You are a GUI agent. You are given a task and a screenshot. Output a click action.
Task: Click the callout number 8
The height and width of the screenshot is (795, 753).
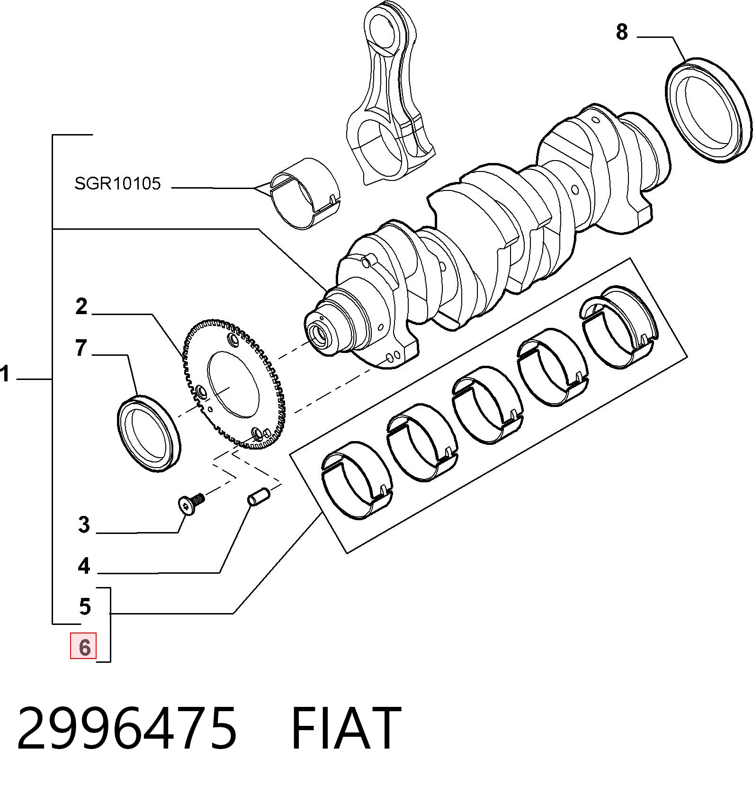[x=622, y=32]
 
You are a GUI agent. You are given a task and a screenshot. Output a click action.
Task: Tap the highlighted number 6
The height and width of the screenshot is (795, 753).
[x=84, y=647]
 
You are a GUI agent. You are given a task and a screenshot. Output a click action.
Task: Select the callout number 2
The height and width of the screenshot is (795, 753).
[x=81, y=307]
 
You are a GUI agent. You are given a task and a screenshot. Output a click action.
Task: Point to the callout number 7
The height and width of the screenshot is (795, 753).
[x=81, y=348]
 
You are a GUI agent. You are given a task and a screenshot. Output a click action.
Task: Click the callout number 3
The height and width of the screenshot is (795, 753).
[x=84, y=525]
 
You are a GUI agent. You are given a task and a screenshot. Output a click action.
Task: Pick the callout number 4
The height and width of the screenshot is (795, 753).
[x=84, y=566]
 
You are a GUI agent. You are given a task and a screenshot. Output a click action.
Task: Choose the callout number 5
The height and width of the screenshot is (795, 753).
[x=85, y=606]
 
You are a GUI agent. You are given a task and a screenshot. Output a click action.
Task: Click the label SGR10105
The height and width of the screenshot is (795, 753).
[x=117, y=183]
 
